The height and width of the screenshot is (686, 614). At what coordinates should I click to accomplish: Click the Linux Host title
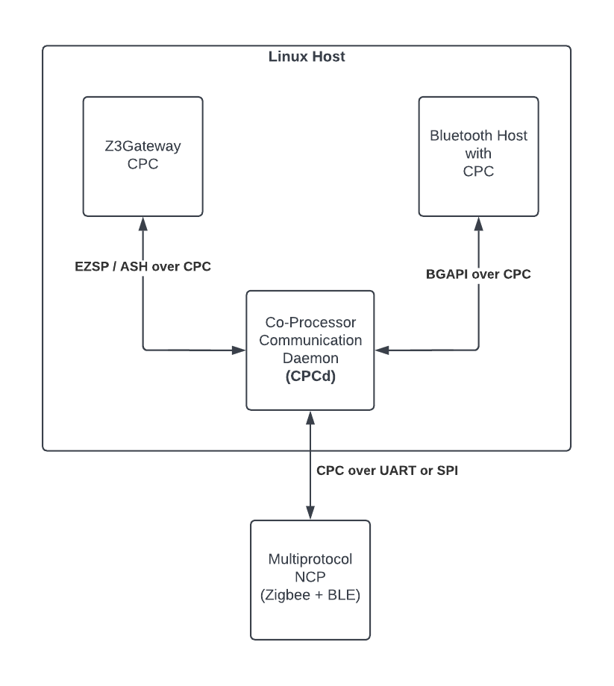tap(307, 57)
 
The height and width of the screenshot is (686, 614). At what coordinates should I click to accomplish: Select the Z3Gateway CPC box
tap(142, 157)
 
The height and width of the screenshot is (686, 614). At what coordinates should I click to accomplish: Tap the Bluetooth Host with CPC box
tap(478, 157)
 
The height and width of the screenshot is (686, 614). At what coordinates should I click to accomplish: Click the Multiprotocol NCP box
tap(310, 579)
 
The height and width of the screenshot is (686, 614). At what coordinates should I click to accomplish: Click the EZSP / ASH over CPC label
tap(142, 266)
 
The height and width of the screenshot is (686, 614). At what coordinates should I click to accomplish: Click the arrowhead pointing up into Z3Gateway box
tap(142, 223)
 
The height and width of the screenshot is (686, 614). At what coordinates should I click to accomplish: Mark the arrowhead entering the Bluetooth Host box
tap(478, 223)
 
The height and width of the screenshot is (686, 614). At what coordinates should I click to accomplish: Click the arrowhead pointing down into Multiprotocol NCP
tap(310, 514)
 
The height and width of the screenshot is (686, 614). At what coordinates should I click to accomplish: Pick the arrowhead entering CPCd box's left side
tap(240, 349)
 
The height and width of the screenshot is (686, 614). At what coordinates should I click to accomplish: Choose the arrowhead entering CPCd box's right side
tap(380, 349)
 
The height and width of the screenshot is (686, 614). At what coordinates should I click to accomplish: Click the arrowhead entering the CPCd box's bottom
tap(310, 417)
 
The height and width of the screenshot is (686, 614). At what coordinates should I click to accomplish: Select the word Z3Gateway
tap(142, 147)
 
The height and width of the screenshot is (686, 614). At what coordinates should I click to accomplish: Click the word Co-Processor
tap(310, 322)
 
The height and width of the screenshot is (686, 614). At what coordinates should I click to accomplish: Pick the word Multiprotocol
tap(310, 560)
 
